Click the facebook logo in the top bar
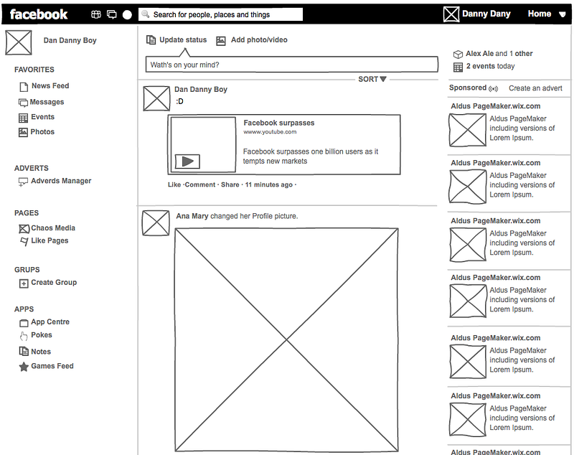tap(39, 14)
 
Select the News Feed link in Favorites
tap(50, 86)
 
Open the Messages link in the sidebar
tap(47, 103)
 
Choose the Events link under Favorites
tap(42, 117)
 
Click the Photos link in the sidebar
tap(42, 132)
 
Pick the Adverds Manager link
tap(61, 182)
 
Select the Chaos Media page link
tap(52, 228)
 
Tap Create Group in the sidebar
tap(53, 283)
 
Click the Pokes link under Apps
tap(41, 335)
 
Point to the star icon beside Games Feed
tap(24, 367)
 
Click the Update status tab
tap(182, 40)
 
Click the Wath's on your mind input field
tap(291, 65)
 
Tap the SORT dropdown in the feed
tap(372, 80)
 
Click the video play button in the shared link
tap(187, 161)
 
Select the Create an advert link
tap(535, 88)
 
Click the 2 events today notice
tap(490, 67)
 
